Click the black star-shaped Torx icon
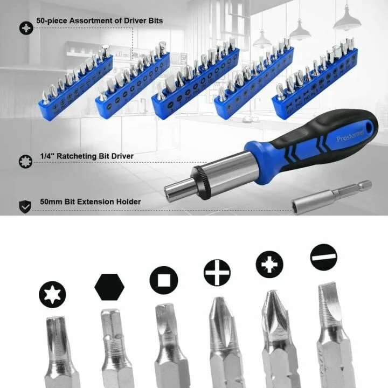coord(52,295)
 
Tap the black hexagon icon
coord(109,287)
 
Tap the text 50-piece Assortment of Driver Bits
coord(99,20)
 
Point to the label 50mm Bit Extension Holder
coord(90,202)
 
